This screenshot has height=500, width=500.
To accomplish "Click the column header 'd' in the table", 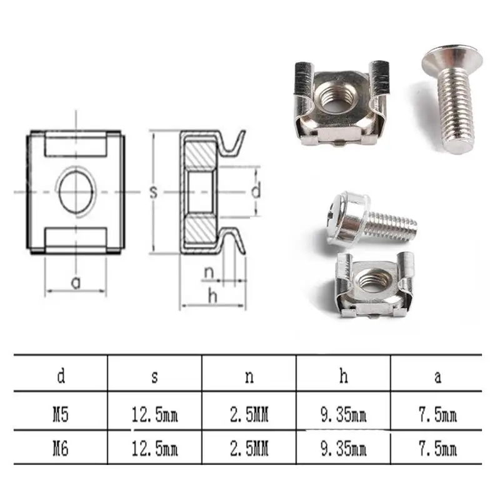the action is click(x=61, y=376).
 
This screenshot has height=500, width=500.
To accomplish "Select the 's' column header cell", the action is click(x=154, y=377).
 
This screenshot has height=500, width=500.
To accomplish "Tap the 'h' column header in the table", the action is click(x=343, y=376).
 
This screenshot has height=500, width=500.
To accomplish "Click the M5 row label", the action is click(x=61, y=415).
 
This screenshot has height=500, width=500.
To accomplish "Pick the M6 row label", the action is click(x=61, y=449).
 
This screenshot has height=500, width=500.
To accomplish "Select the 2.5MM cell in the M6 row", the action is click(x=249, y=449).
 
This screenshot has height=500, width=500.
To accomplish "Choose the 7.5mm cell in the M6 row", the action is click(x=438, y=449).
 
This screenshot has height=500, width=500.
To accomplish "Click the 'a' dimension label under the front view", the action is click(x=76, y=282).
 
